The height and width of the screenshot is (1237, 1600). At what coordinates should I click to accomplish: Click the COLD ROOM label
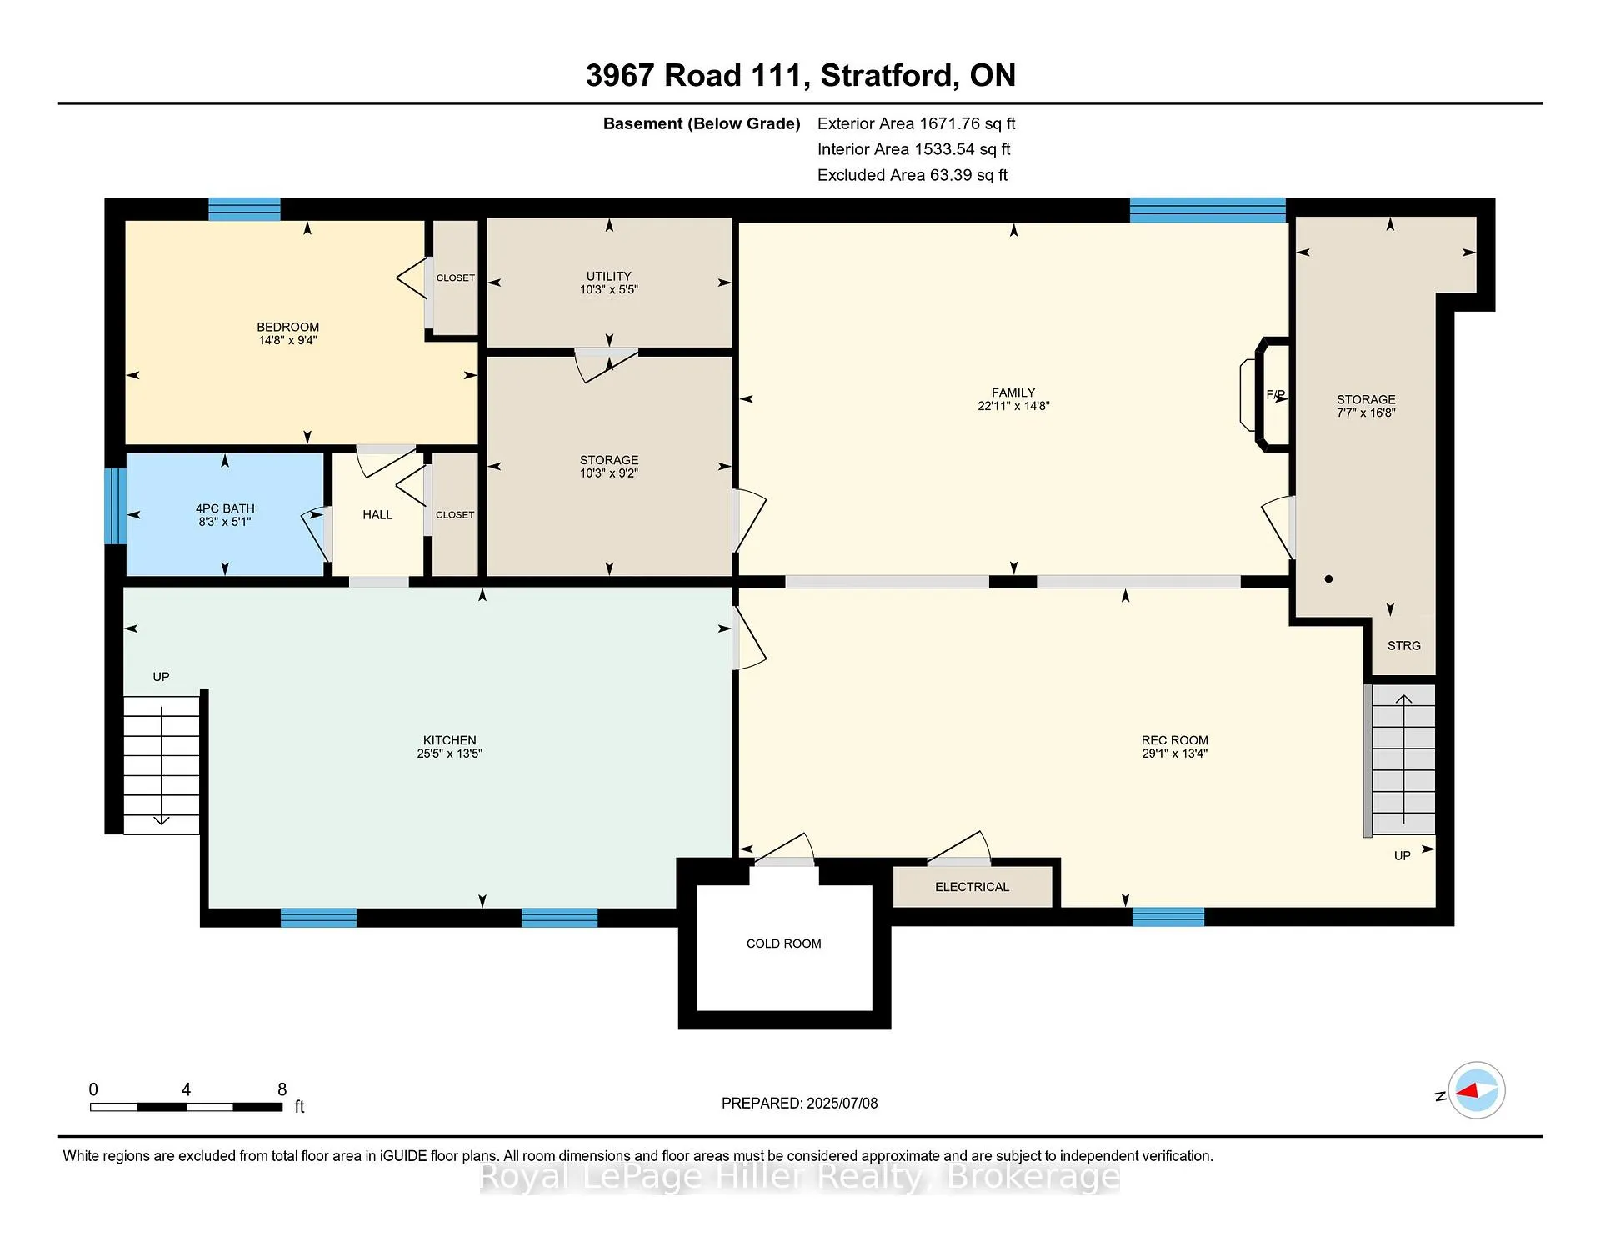click(783, 944)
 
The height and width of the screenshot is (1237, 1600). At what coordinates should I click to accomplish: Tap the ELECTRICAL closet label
click(972, 887)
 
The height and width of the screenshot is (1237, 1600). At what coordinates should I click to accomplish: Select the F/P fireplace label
click(1275, 395)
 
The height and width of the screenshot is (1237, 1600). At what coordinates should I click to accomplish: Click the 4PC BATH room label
click(225, 508)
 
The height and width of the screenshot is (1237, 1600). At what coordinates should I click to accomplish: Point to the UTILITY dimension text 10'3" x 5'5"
click(609, 289)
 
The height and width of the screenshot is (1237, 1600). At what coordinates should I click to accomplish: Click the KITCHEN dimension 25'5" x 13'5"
click(450, 754)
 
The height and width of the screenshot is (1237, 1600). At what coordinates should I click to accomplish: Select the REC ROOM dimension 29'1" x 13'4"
click(1175, 754)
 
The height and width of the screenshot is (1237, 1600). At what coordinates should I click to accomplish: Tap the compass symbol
click(1477, 1090)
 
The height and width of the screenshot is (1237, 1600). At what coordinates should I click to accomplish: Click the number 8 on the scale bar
click(282, 1089)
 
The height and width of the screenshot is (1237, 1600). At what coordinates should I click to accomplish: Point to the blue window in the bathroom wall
click(115, 506)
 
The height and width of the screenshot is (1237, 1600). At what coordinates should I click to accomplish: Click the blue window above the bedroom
click(244, 209)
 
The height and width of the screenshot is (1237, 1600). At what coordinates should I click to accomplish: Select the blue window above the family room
click(1207, 210)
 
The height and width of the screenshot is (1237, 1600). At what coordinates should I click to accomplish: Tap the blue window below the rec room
click(1168, 917)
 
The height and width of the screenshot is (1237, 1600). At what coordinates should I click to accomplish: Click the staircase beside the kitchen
click(162, 765)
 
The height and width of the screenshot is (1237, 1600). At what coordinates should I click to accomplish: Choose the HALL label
click(377, 515)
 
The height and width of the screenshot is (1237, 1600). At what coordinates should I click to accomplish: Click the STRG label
click(1404, 646)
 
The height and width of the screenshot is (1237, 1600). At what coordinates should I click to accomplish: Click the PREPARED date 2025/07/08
click(842, 1103)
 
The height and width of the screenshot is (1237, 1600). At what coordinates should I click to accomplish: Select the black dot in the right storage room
click(1328, 578)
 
